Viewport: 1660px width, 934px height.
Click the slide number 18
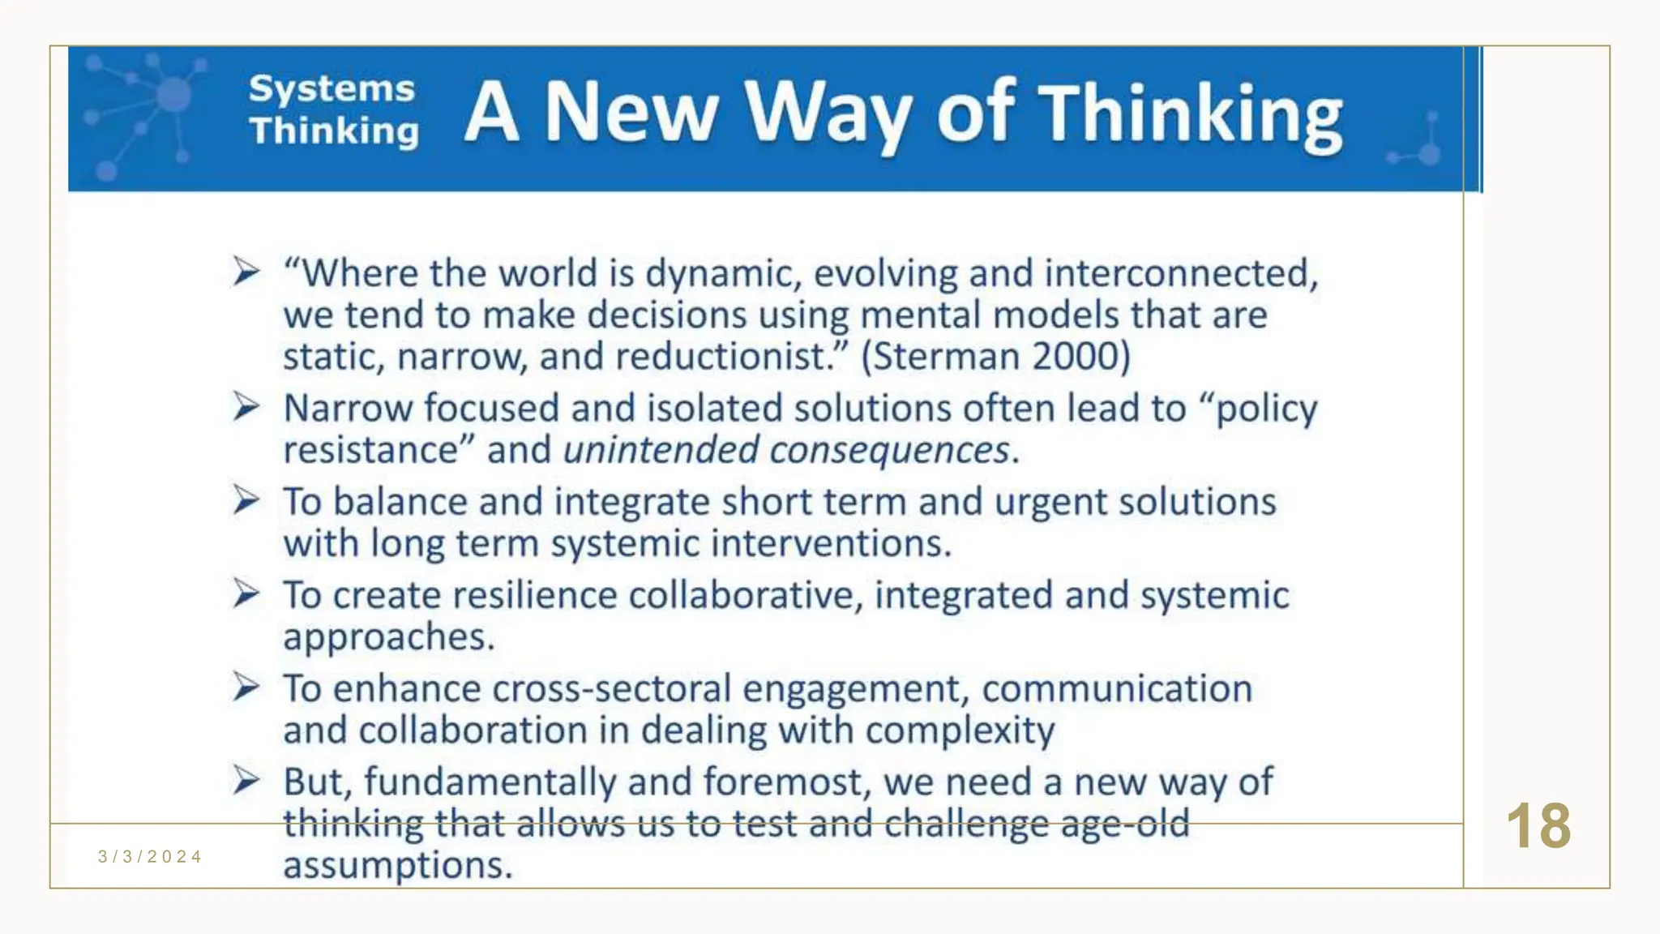pyautogui.click(x=1538, y=827)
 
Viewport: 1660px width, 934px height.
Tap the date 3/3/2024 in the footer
pyautogui.click(x=150, y=857)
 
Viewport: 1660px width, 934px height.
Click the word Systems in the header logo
pyautogui.click(x=332, y=89)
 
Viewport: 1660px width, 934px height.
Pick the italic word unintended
pyautogui.click(x=661, y=450)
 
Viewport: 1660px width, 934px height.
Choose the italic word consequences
pyautogui.click(x=889, y=450)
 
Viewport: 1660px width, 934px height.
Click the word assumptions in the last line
pyautogui.click(x=397, y=866)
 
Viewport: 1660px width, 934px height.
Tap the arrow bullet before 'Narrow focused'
pyautogui.click(x=246, y=406)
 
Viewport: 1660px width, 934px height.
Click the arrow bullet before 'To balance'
pyautogui.click(x=246, y=499)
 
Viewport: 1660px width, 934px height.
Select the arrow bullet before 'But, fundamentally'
pyautogui.click(x=246, y=780)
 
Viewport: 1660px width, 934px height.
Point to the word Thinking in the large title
pyautogui.click(x=1190, y=115)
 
